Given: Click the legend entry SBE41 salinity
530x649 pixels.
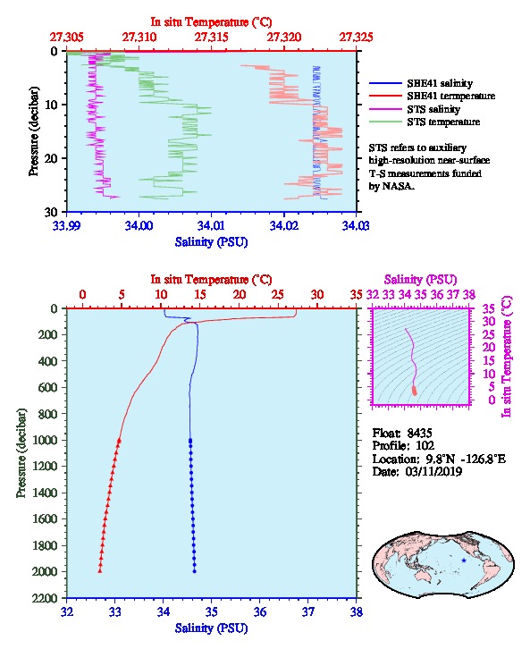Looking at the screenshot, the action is pos(440,83).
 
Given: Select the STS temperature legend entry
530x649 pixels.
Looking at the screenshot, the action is pos(443,122).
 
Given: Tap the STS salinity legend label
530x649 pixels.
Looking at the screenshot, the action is pos(433,109).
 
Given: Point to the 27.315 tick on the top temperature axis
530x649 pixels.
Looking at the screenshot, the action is pos(212,38).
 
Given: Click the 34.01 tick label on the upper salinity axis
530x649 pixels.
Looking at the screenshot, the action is pos(212,226).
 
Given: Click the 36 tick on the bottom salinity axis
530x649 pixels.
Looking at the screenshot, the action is pos(260,611).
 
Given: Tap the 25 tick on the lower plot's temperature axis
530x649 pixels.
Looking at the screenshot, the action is pos(278,295).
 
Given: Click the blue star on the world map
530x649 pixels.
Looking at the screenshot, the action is pos(464,560).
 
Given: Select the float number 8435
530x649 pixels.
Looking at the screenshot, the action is pos(419,433).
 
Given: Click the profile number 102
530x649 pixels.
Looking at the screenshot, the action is pos(425,445).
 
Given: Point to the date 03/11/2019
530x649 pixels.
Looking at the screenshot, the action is pos(434,471).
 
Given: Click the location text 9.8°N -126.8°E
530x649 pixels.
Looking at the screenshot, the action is pos(466,459).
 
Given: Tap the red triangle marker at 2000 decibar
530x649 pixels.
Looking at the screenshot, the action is pos(100,571).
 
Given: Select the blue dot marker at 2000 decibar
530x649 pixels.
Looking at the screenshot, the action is pos(195,571).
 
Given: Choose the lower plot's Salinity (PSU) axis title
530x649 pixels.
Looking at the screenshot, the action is pos(212,628).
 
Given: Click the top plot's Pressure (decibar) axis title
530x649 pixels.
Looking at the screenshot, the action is pos(33,131).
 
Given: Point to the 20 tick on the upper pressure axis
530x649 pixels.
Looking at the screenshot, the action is pos(51,158).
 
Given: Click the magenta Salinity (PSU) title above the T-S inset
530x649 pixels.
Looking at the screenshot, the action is pos(421,280).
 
